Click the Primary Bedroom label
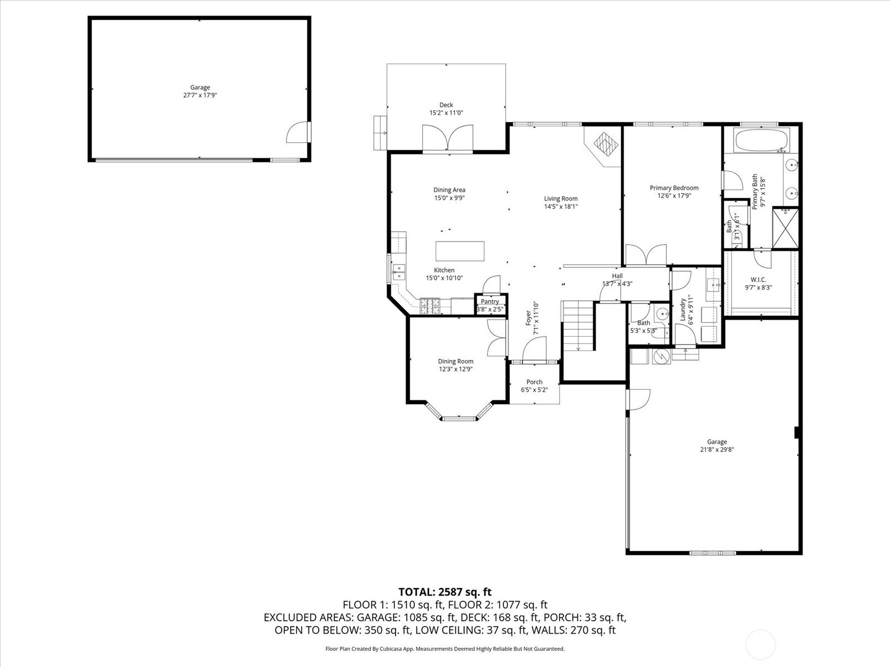pyautogui.click(x=674, y=188)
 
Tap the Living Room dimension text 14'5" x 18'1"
pyautogui.click(x=561, y=207)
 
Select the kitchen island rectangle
pyautogui.click(x=460, y=251)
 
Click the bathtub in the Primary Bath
pyautogui.click(x=762, y=140)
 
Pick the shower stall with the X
pyautogui.click(x=785, y=227)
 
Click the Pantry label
pyautogui.click(x=490, y=301)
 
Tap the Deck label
pyautogui.click(x=446, y=105)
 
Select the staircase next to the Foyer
pyautogui.click(x=578, y=326)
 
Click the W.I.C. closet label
pyautogui.click(x=758, y=280)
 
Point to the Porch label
pyautogui.click(x=535, y=382)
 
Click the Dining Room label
pyautogui.click(x=456, y=361)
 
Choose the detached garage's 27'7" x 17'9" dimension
pyautogui.click(x=200, y=96)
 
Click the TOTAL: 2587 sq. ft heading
pyautogui.click(x=445, y=592)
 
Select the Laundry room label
pyautogui.click(x=683, y=310)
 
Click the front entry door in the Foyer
pyautogui.click(x=535, y=349)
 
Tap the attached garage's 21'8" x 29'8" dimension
pyautogui.click(x=717, y=450)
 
